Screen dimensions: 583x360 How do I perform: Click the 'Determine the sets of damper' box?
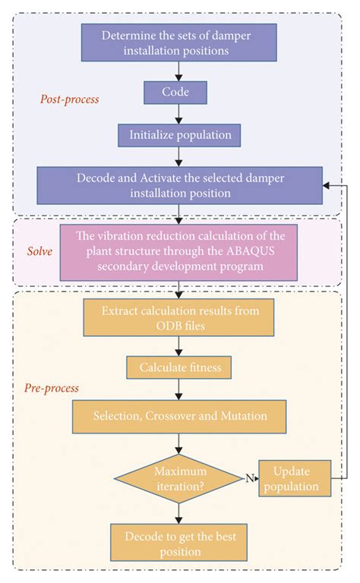(x=178, y=43)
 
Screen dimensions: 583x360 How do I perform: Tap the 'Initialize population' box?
(x=178, y=135)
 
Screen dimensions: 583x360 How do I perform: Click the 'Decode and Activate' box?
(x=178, y=184)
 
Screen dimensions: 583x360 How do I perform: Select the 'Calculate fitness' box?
(x=178, y=368)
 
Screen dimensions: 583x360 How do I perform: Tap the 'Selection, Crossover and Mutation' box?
(x=178, y=417)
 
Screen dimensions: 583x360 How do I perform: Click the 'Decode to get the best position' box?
(x=178, y=542)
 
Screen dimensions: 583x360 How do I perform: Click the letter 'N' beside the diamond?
(x=248, y=478)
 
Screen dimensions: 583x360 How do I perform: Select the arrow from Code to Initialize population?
(x=178, y=114)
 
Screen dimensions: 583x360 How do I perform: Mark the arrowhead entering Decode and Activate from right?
(x=324, y=184)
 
